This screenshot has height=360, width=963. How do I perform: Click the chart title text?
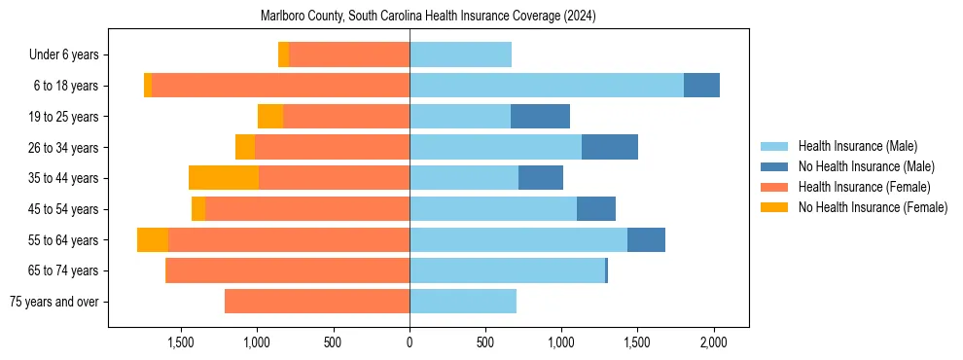point(428,16)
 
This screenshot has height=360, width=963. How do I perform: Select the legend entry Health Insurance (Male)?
point(857,146)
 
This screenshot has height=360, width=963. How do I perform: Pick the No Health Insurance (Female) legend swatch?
point(775,207)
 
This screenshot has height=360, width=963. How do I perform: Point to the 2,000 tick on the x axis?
point(714,342)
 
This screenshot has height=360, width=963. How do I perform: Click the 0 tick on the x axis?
point(410,342)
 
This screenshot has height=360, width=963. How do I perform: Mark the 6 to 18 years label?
point(65,86)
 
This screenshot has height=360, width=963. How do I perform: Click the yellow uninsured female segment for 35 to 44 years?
point(224,178)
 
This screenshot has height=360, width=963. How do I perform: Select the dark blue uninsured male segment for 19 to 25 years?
point(540,117)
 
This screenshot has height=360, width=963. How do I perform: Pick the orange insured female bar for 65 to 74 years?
point(288,270)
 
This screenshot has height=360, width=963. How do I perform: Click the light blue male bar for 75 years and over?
point(463,302)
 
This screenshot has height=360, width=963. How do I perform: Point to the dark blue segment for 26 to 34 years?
point(610,147)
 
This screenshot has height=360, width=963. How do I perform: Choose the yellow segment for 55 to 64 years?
point(153,239)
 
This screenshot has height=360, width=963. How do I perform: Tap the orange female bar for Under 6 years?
point(349,55)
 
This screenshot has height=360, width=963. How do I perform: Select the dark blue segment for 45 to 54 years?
point(596,209)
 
